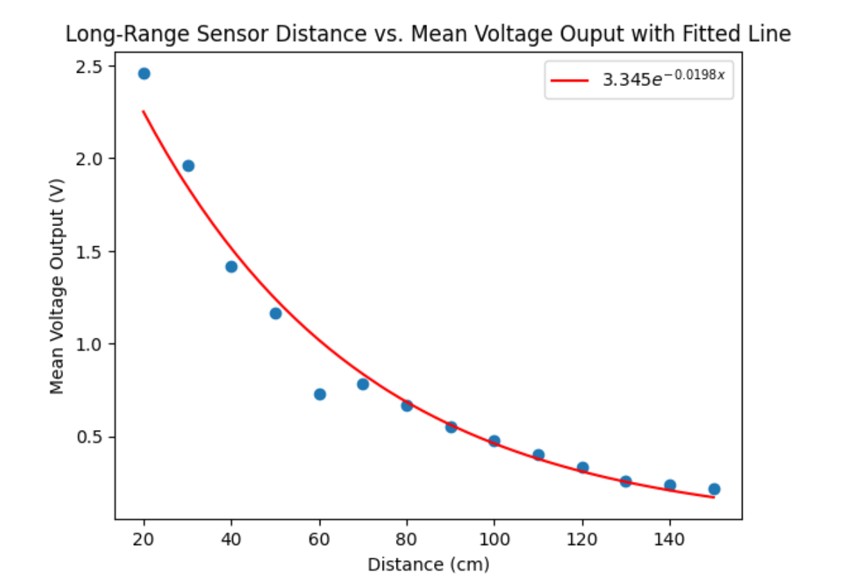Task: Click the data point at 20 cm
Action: point(144,73)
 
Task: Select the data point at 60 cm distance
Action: point(320,395)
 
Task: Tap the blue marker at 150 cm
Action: point(714,489)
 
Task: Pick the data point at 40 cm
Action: point(232,267)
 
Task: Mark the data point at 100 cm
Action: point(494,441)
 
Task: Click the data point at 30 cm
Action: point(188,166)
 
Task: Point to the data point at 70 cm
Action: point(363,384)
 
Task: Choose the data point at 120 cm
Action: point(582,467)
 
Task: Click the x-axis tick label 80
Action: point(406,539)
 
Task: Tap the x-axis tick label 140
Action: point(670,539)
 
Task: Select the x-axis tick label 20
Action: point(144,539)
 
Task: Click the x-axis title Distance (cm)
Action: point(428,565)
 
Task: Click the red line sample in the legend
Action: point(569,81)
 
